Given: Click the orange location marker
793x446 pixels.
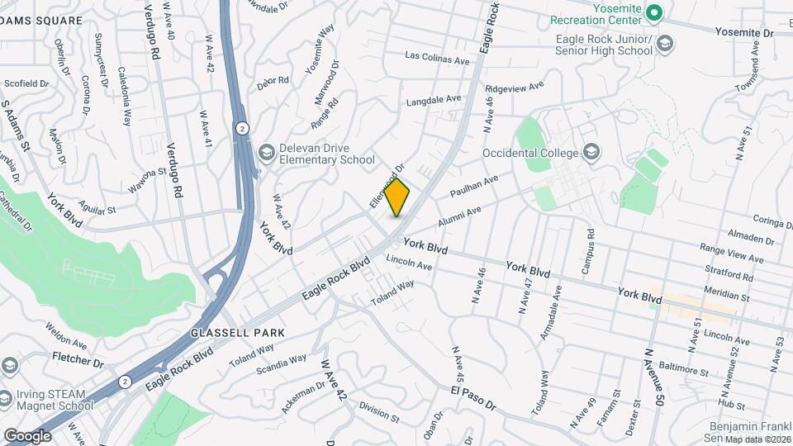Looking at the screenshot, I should [397, 197].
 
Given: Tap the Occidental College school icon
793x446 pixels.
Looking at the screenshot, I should [591, 151].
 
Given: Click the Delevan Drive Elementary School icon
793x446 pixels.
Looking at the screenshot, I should [266, 152].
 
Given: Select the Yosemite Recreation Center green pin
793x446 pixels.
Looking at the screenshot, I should [654, 12].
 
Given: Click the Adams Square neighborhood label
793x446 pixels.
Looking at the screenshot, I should [41, 20].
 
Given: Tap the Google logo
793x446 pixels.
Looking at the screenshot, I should [27, 435].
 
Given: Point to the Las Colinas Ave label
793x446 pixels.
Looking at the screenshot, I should [437, 59].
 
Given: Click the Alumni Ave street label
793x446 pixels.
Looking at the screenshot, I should [459, 217].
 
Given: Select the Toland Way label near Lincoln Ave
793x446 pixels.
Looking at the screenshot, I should [392, 291].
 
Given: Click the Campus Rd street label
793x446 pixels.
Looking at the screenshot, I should [589, 251].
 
